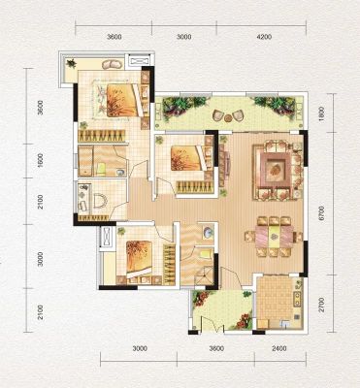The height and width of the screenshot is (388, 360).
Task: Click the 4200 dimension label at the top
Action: pyautogui.click(x=264, y=37)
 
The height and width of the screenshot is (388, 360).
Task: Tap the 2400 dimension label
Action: pyautogui.click(x=279, y=349)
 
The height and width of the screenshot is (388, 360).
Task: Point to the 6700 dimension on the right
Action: pyautogui.click(x=321, y=213)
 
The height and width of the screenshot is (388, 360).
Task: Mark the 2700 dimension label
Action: pyautogui.click(x=321, y=305)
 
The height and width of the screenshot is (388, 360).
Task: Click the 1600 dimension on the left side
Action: pyautogui.click(x=40, y=160)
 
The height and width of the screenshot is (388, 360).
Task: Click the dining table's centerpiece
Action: pyautogui.click(x=275, y=237)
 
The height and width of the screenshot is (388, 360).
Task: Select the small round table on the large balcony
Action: pyautogui.click(x=228, y=117)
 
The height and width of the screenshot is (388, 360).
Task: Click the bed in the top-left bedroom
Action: pyautogui.click(x=119, y=100)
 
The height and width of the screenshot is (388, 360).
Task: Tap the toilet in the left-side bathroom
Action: pyautogui.click(x=99, y=201)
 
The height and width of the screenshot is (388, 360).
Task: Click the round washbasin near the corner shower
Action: pyautogui.click(x=208, y=233)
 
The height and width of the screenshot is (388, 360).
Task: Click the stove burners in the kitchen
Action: pyautogui.click(x=296, y=300)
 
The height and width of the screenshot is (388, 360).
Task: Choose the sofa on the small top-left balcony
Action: pyautogui.click(x=112, y=64)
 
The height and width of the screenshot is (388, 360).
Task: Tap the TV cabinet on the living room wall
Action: pyautogui.click(x=224, y=165)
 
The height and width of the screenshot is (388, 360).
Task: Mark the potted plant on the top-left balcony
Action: pyautogui.click(x=71, y=63)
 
